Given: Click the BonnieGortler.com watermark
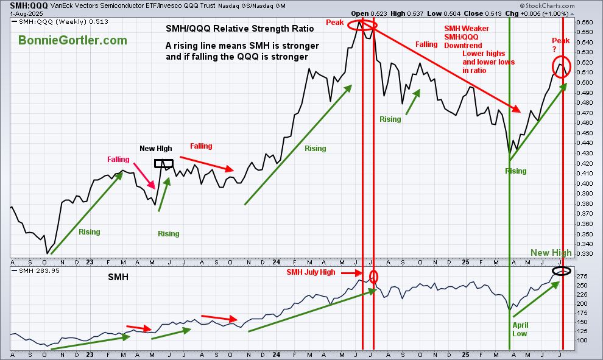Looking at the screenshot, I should (x=72, y=40).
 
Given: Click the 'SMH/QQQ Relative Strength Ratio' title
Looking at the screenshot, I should (x=240, y=29).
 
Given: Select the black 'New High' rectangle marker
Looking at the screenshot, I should (x=164, y=163).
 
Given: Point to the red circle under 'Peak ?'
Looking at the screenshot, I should (x=561, y=66).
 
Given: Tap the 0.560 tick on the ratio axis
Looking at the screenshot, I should (x=585, y=23).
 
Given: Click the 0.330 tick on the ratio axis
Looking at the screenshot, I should (x=585, y=254).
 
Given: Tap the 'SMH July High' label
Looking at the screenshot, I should (x=311, y=272).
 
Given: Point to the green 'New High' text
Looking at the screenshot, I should (x=551, y=253).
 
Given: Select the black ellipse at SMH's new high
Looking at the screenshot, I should (x=562, y=270).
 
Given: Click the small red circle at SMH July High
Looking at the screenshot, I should (x=373, y=276).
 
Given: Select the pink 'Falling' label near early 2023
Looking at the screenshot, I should (x=118, y=160).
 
